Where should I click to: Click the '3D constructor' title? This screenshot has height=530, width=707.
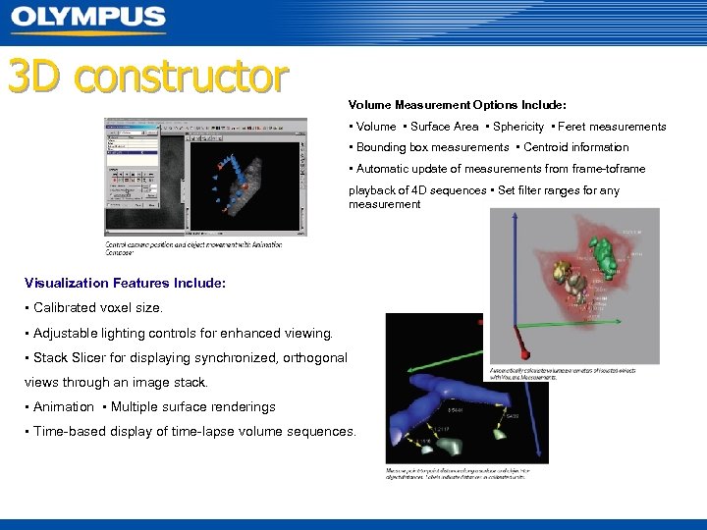[x=148, y=77]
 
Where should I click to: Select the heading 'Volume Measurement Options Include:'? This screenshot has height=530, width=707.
[x=457, y=104]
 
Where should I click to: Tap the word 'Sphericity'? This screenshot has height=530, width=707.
[x=518, y=127]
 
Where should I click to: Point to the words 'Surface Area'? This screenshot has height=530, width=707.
[x=444, y=127]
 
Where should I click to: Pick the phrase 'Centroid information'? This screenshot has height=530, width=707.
[x=576, y=147]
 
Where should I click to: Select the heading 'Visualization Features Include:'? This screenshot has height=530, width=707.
[x=125, y=283]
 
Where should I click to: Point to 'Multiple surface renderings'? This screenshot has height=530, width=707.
[x=193, y=406]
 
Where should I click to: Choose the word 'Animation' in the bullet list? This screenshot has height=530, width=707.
[x=64, y=406]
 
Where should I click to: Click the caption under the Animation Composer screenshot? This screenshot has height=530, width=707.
[x=193, y=247]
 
